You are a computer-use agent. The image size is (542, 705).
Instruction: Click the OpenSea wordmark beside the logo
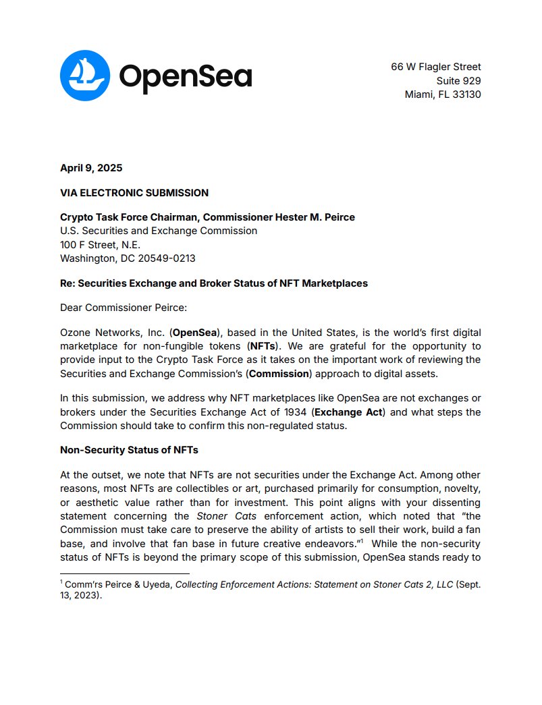185,77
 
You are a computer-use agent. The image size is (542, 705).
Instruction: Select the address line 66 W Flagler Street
435,67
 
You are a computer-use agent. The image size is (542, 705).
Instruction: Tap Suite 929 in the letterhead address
458,81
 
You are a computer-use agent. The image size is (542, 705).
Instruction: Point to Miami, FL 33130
442,94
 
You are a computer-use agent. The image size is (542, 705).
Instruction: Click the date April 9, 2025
91,168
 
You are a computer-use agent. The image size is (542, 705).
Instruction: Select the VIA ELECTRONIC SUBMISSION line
134,193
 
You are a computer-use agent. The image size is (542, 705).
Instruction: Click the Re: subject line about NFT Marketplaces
214,283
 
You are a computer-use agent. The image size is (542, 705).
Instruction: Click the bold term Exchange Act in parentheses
350,412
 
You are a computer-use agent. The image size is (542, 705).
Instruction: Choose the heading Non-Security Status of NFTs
129,450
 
